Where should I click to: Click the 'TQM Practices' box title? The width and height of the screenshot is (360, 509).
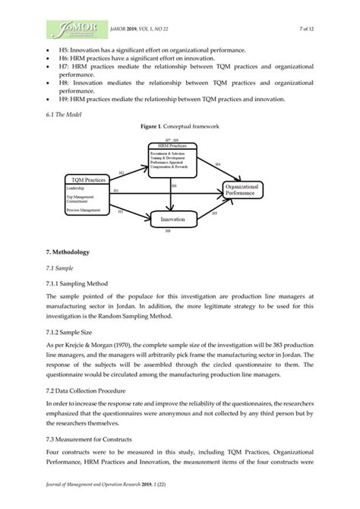[89, 179]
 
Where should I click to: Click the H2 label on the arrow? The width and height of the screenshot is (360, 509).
[121, 174]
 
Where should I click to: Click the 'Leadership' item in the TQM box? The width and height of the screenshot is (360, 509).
[76, 186]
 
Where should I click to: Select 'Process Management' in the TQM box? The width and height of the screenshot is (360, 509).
[83, 208]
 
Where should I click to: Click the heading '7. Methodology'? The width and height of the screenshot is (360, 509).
[68, 251]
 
